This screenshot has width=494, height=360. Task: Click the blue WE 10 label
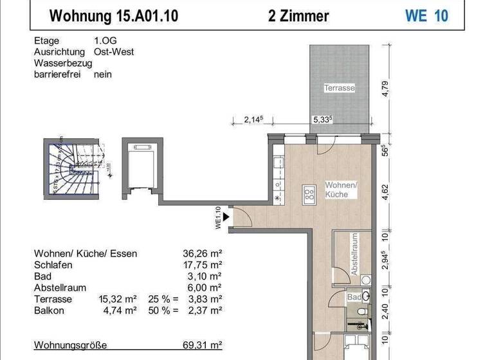426,15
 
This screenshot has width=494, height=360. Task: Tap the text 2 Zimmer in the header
298,15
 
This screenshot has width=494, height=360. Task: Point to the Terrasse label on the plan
339,87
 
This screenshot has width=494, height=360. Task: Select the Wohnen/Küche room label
340,189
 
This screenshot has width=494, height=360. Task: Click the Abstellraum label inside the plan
354,255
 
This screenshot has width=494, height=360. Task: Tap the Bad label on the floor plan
353,298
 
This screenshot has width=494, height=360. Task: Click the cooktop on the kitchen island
309,194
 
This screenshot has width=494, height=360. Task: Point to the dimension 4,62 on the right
385,190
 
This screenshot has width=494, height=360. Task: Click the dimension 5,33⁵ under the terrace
322,119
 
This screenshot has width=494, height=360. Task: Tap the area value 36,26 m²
203,254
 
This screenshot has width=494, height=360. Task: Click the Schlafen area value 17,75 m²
203,265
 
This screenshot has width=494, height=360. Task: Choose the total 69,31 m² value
203,345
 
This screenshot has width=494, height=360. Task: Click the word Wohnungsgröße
70,345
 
